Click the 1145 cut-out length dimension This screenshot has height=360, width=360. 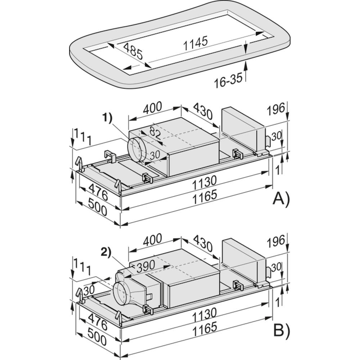[195, 43]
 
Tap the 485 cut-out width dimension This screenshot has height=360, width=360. [133, 51]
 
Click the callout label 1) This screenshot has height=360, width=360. [107, 118]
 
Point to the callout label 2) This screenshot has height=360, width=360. [106, 253]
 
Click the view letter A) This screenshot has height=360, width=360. [281, 198]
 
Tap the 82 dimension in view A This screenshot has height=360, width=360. [155, 132]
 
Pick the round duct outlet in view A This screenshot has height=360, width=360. [136, 150]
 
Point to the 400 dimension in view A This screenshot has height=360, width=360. [152, 107]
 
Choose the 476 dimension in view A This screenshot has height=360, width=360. [98, 192]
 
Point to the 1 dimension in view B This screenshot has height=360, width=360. [278, 303]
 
